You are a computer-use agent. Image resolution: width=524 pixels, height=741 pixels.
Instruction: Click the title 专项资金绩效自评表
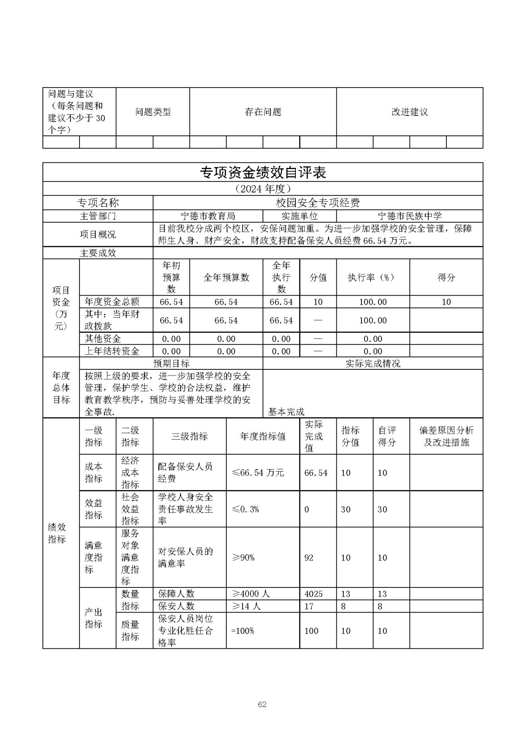[263, 173]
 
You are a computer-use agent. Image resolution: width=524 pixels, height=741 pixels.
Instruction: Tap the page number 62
[262, 704]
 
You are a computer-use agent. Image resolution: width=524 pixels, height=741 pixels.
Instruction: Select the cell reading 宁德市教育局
[208, 216]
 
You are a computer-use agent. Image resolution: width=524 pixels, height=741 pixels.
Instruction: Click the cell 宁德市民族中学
[409, 216]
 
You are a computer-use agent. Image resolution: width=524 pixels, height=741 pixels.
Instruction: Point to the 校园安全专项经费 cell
[318, 203]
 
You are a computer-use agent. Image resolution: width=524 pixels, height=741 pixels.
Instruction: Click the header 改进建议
[409, 112]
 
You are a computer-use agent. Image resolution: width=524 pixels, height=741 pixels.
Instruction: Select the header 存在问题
[263, 112]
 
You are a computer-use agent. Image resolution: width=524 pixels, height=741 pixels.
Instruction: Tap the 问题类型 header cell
[153, 112]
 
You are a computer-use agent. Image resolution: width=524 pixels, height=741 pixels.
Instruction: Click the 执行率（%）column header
[373, 277]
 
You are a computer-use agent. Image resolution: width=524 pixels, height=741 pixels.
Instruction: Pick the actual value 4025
[313, 594]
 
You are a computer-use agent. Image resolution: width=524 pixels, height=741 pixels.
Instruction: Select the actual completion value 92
[309, 558]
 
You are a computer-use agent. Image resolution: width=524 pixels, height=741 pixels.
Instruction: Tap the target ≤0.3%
[246, 509]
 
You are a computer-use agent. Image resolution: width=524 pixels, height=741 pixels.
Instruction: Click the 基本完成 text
[286, 412]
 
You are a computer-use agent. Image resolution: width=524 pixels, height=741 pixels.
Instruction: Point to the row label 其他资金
[103, 339]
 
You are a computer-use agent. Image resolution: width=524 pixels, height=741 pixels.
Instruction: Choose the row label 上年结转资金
[112, 351]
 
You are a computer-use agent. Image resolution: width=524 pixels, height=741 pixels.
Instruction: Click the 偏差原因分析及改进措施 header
[446, 436]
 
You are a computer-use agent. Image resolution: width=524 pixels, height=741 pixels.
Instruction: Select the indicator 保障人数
[176, 594]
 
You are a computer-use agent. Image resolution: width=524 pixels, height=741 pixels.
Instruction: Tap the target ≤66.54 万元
[258, 473]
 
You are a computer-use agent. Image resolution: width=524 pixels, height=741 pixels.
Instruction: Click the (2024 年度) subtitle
[263, 189]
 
